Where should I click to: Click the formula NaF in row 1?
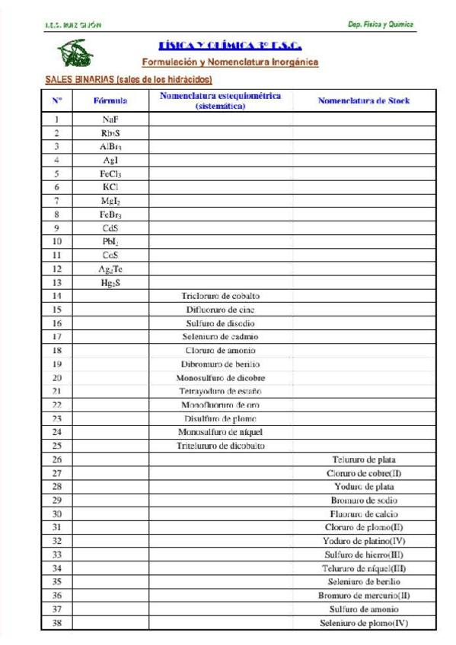[110, 119]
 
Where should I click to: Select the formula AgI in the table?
[110, 160]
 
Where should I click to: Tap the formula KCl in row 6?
[110, 186]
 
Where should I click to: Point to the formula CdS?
[110, 227]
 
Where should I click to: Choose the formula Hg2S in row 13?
[110, 282]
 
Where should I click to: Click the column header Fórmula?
[110, 100]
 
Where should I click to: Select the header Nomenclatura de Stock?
[363, 100]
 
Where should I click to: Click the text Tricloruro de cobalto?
[220, 296]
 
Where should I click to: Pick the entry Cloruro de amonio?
[220, 351]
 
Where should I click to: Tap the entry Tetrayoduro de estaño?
[220, 391]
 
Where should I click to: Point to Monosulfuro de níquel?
[220, 432]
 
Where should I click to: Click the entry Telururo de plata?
[364, 459]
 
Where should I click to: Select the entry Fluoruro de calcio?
[364, 513]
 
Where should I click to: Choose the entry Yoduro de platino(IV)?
[364, 541]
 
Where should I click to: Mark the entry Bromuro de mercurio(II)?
[364, 596]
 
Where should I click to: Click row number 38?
[57, 623]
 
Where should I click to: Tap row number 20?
[57, 377]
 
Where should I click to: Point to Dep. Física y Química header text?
[381, 24]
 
